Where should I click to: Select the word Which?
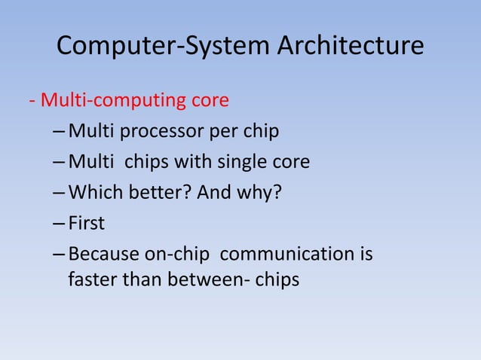tap(91, 194)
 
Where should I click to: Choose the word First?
tap(87, 224)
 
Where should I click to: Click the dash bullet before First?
tap(60, 224)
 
